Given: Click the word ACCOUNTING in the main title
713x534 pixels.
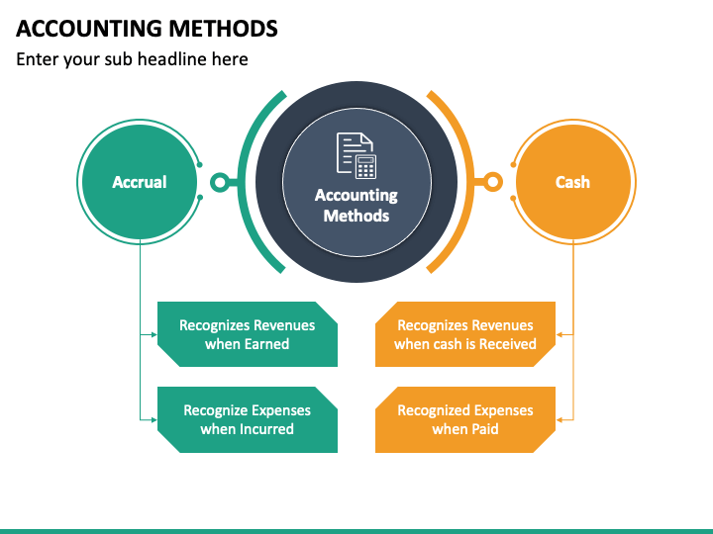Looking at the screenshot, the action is click(89, 29).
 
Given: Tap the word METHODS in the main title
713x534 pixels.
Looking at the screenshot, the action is click(223, 29).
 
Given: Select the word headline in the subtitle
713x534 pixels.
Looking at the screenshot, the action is click(172, 59).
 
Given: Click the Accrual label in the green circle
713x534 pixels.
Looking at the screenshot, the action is click(140, 182).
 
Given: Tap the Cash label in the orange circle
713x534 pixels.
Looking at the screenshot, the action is click(572, 182).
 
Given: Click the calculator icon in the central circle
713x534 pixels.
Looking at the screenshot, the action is click(365, 167).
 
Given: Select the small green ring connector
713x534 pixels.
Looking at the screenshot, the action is click(220, 183).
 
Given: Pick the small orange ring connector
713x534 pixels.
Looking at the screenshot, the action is click(493, 182).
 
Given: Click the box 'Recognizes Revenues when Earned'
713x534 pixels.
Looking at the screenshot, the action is click(248, 334).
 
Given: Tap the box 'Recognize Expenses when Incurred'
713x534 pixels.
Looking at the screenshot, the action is click(248, 419).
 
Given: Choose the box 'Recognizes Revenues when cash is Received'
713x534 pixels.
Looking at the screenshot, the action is click(465, 334).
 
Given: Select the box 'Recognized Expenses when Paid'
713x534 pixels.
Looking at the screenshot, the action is click(465, 419).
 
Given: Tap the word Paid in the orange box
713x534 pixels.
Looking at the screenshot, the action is click(484, 429).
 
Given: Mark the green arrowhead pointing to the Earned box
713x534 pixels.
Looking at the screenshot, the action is click(154, 334).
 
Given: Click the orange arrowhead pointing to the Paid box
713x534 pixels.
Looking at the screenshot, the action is click(560, 420).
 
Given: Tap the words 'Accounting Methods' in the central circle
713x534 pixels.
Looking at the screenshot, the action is click(356, 206).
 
